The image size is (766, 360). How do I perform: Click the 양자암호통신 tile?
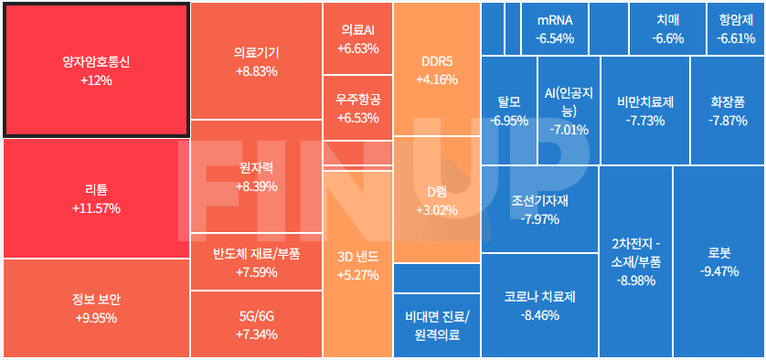pos(96,70)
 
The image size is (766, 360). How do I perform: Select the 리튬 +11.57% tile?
pos(96,198)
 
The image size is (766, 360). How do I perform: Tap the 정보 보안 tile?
pos(96,308)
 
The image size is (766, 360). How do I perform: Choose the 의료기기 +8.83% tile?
pos(256,61)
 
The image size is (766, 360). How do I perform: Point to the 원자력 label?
pos(256,168)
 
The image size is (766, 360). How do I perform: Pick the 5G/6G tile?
pos(256,323)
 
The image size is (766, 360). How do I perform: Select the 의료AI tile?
pos(357,38)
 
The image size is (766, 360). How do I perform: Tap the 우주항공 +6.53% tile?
pos(357,108)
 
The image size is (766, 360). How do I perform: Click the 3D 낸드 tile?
pos(357,265)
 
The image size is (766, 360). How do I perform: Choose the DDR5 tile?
pos(436,69)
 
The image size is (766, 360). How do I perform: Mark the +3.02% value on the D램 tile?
pos(436,210)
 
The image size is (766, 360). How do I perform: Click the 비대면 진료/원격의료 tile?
pos(436,325)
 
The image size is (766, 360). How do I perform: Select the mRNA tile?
pos(555,28)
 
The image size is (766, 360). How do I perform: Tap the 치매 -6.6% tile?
pos(667,28)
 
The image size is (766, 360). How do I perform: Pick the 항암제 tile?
pos(736,28)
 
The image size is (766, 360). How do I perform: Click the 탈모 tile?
pos(508,110)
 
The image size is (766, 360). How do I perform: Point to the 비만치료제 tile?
pos(644,110)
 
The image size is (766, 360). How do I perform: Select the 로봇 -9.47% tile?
pos(718,261)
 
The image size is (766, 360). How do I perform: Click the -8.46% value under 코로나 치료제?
pos(539,315)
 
